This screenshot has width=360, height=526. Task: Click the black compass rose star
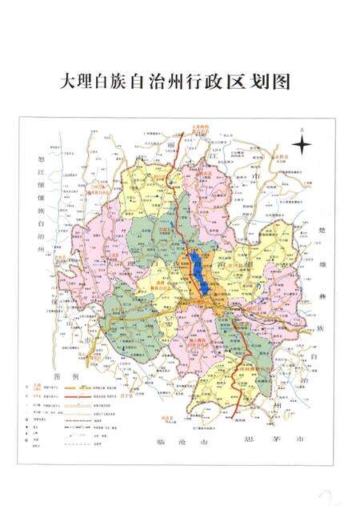tap(302, 146)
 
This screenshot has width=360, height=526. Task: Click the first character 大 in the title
tap(70, 82)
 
